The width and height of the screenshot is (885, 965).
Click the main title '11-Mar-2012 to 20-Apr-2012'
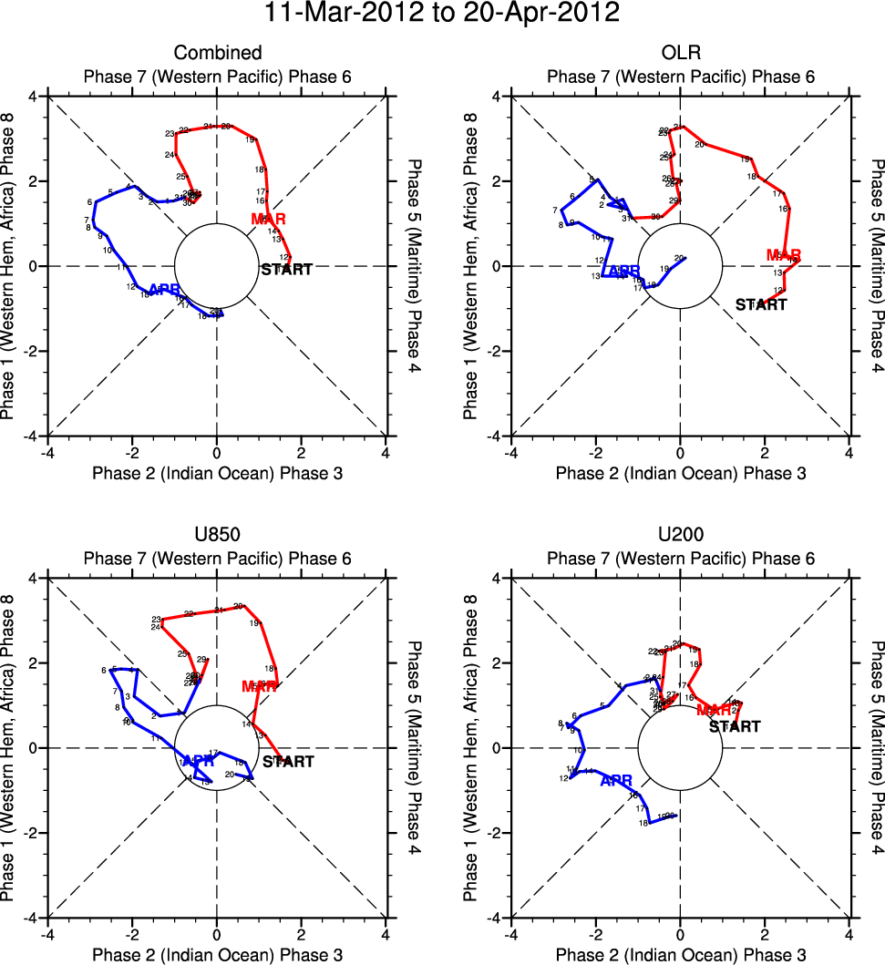[x=442, y=15]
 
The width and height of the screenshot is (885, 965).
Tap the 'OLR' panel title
[x=680, y=53]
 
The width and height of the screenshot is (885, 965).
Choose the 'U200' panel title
[x=680, y=536]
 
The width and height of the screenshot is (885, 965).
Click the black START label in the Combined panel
[x=287, y=270]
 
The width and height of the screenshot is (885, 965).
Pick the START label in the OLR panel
[x=761, y=304]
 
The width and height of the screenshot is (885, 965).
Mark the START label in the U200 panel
[x=735, y=726]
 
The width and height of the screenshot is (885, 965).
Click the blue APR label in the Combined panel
[x=164, y=290]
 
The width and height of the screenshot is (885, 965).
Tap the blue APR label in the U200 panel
[x=616, y=780]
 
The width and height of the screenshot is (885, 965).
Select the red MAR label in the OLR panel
[x=784, y=255]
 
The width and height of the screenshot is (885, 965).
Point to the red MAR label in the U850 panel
[x=259, y=686]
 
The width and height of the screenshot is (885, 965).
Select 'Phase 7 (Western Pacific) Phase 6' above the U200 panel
[x=680, y=558]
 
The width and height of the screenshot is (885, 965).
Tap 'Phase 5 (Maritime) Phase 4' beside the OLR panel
[x=874, y=266]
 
